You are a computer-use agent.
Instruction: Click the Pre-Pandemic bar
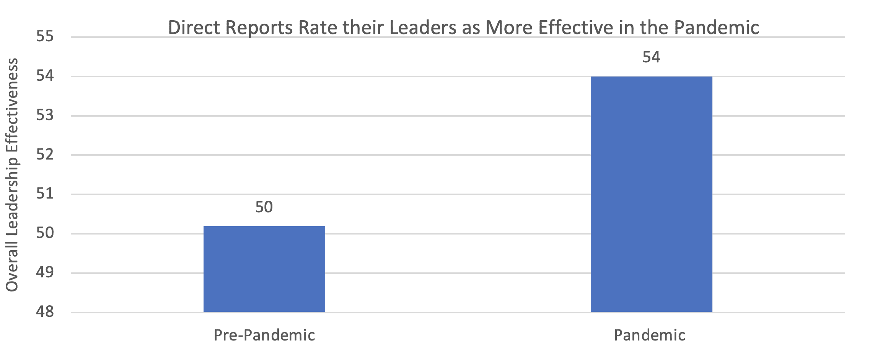pos(264,269)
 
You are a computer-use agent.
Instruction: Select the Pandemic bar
pos(652,194)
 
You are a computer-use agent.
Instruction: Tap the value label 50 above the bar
pos(264,207)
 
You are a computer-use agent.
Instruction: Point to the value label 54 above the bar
pos(651,57)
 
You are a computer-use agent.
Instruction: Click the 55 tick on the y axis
pos(45,37)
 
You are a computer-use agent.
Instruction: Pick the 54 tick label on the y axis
pos(45,76)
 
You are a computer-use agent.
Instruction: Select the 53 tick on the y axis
pos(45,116)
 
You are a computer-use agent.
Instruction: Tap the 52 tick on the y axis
pos(45,155)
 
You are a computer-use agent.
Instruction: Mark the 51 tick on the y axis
pos(45,194)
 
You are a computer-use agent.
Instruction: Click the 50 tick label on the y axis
pos(45,233)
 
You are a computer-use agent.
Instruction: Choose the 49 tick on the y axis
pos(45,273)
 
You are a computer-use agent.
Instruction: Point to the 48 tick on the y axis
pos(45,312)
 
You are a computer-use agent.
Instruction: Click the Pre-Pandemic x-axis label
pos(264,335)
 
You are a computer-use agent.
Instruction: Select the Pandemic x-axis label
pos(650,335)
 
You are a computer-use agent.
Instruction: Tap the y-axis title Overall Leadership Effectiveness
pos(12,175)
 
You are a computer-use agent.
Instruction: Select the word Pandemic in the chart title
pos(716,28)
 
